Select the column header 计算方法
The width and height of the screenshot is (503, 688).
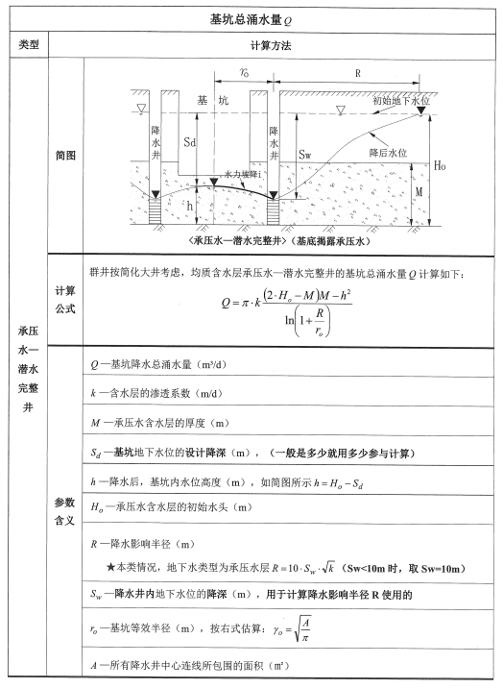click(x=271, y=45)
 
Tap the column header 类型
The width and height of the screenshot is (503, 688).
click(x=28, y=45)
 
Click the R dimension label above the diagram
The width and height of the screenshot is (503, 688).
click(x=357, y=73)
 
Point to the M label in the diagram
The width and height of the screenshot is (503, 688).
click(x=433, y=192)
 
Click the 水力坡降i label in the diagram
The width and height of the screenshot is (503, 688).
click(x=243, y=174)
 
